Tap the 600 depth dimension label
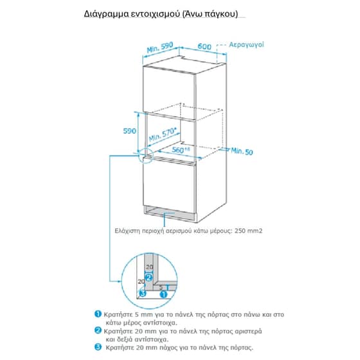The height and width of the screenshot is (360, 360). click(204, 46)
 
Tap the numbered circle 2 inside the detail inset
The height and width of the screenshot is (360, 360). click(148, 278)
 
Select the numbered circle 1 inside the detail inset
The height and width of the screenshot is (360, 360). click(163, 293)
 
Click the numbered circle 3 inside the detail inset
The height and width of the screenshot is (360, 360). click(143, 294)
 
